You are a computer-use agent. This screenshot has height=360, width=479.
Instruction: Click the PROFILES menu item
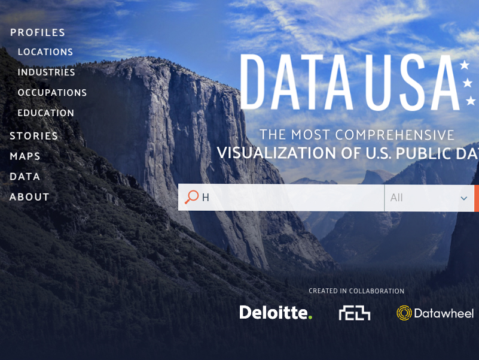[x=38, y=32]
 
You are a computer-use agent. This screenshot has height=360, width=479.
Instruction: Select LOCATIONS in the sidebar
[x=45, y=52]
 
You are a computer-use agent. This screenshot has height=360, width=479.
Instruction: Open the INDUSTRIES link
[x=46, y=72]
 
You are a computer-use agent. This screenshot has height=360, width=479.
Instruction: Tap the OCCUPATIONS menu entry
[x=52, y=92]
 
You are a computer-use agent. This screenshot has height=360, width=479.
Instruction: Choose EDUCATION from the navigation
[x=46, y=113]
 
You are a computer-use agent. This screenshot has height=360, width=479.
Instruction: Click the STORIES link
[x=34, y=136]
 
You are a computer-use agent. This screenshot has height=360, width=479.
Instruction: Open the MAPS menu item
[x=25, y=156]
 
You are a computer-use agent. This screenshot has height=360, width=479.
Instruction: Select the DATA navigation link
[x=25, y=177]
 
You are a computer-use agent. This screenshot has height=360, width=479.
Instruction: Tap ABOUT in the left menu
[x=29, y=197]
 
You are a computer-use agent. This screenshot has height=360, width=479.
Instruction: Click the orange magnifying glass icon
[x=191, y=197]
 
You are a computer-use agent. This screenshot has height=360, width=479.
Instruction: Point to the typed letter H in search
[x=206, y=198]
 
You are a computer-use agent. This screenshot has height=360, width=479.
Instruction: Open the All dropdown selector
[x=429, y=198]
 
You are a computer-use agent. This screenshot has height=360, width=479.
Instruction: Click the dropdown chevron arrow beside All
[x=463, y=198]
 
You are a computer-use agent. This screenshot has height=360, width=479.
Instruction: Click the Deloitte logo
[x=276, y=313]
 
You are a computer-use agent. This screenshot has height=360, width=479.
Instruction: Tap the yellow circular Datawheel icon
[x=404, y=313]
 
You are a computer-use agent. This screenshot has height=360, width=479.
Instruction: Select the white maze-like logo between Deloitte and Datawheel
[x=355, y=313]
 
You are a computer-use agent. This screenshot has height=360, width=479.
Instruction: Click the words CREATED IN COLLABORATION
[x=356, y=291]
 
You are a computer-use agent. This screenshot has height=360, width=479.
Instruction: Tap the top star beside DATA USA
[x=465, y=65]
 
